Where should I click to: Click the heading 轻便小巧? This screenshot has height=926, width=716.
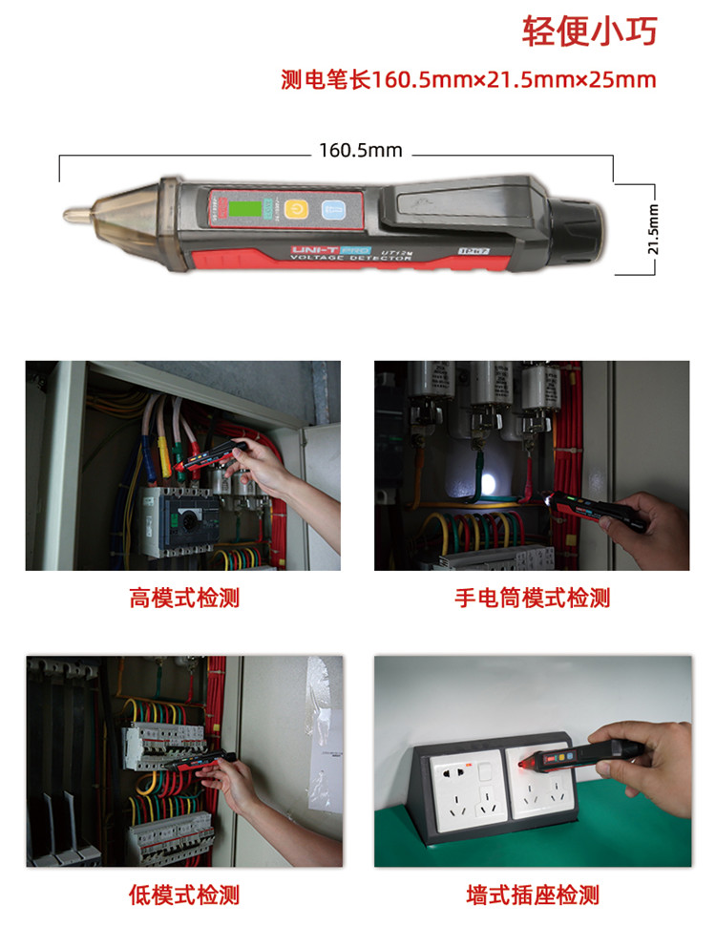589,31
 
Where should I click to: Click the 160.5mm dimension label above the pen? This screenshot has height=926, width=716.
360,150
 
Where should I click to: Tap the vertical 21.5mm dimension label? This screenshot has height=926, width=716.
654,228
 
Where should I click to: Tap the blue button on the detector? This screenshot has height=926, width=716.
332,209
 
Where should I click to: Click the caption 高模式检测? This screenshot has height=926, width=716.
183,599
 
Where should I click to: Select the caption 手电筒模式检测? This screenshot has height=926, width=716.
531,599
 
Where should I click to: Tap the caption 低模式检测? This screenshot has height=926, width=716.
183,894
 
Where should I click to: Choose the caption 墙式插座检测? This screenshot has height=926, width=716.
531,894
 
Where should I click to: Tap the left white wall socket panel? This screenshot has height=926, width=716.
459,788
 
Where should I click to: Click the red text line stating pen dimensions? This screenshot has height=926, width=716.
469,79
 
